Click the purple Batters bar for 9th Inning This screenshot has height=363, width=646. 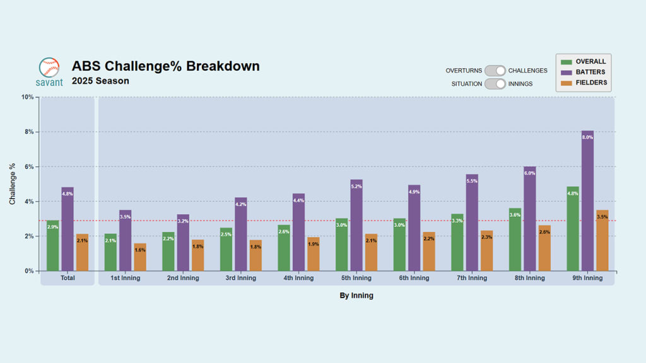pos(587,201)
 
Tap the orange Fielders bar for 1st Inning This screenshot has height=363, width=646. pos(140,257)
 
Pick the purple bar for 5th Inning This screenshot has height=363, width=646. pos(356,226)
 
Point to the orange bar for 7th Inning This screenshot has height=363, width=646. pos(486,251)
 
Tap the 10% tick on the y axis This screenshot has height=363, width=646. pos(27,97)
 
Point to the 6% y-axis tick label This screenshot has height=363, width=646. pos(28,167)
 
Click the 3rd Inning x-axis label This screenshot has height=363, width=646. pos(240,278)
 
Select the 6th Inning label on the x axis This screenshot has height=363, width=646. pos(414,278)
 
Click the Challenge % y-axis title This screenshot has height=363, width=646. pos(13,184)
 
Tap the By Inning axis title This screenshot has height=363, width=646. pos(356,296)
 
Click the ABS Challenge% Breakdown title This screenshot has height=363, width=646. pos(165,66)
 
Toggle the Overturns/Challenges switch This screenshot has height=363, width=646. pos(495,71)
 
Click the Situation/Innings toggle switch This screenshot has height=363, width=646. pos(495,83)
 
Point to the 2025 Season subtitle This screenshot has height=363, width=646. pos(100,81)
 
